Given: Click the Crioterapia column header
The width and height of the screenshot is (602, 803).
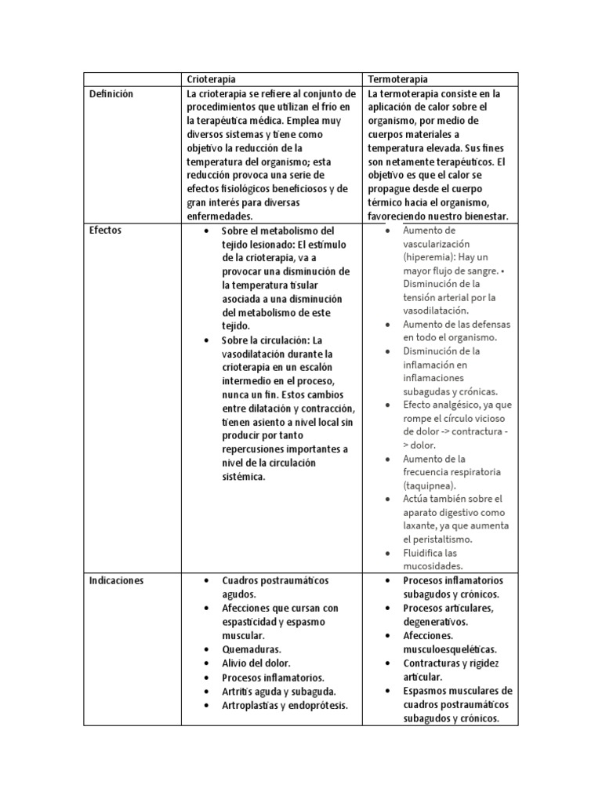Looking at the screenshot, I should click(211, 79).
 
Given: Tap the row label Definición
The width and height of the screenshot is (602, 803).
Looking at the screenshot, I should click(111, 93).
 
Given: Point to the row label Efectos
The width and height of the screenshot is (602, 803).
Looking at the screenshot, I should click(106, 231).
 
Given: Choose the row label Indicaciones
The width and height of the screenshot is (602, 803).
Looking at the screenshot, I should click(116, 581).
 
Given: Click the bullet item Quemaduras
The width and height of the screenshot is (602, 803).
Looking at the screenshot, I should click(252, 649).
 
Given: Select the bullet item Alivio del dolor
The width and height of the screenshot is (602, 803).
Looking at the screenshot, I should click(256, 663).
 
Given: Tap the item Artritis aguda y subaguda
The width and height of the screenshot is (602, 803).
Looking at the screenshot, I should click(279, 691).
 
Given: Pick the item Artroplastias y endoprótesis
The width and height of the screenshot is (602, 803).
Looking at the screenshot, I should click(285, 705).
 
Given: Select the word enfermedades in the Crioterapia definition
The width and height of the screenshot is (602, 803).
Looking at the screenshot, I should click(220, 216).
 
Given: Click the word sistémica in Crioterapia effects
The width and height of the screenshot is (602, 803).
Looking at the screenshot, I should click(244, 476).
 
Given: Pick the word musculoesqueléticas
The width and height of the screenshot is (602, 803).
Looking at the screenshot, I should click(450, 649).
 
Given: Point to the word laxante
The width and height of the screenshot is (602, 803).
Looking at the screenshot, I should click(424, 526).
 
